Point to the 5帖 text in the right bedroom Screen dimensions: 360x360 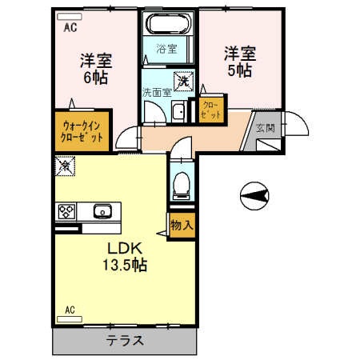238,70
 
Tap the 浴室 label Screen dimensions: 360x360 166,48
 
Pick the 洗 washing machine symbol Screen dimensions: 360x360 183,80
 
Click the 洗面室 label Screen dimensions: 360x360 157,92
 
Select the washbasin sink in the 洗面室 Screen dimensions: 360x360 180,112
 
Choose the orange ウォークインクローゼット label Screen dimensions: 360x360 83,130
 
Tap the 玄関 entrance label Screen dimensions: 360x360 265,128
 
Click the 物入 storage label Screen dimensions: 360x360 182,225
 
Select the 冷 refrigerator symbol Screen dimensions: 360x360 63,166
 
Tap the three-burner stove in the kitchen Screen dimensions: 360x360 66,212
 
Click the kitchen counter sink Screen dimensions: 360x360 102,212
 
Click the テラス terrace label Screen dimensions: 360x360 125,341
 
